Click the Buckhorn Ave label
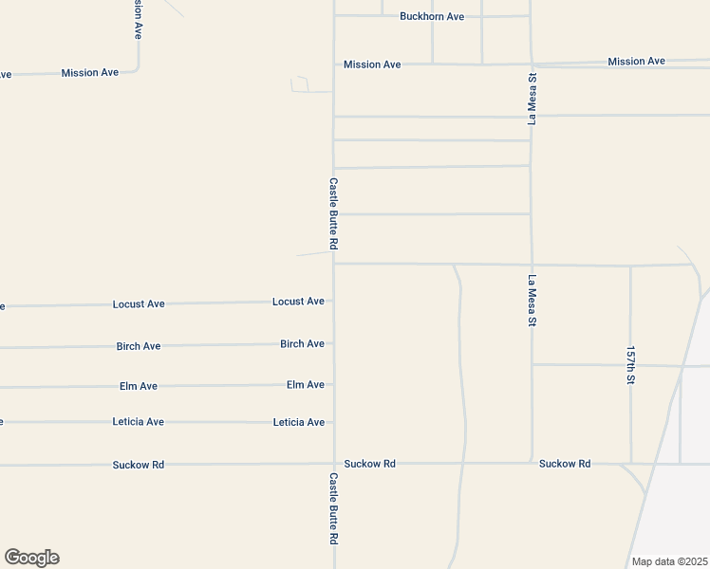(x=431, y=17)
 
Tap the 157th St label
(x=629, y=365)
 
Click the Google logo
(x=31, y=558)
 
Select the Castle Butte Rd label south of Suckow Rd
(x=334, y=508)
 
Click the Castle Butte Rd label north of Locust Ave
(x=334, y=213)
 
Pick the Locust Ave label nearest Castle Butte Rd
(x=298, y=302)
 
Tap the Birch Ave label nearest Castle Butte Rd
(x=302, y=344)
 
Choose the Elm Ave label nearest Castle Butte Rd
(x=305, y=385)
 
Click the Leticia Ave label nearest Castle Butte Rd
(x=298, y=423)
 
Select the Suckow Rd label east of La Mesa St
(x=564, y=464)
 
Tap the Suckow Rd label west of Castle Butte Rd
(x=139, y=465)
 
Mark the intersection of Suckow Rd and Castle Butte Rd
(x=334, y=464)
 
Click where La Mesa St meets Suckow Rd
(x=532, y=464)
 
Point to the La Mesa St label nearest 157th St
(x=532, y=302)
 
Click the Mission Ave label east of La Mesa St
(x=636, y=62)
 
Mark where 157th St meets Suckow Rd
(x=631, y=464)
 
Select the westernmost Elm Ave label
(x=139, y=387)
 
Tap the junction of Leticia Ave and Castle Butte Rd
(x=334, y=422)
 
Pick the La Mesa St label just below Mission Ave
(x=532, y=98)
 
